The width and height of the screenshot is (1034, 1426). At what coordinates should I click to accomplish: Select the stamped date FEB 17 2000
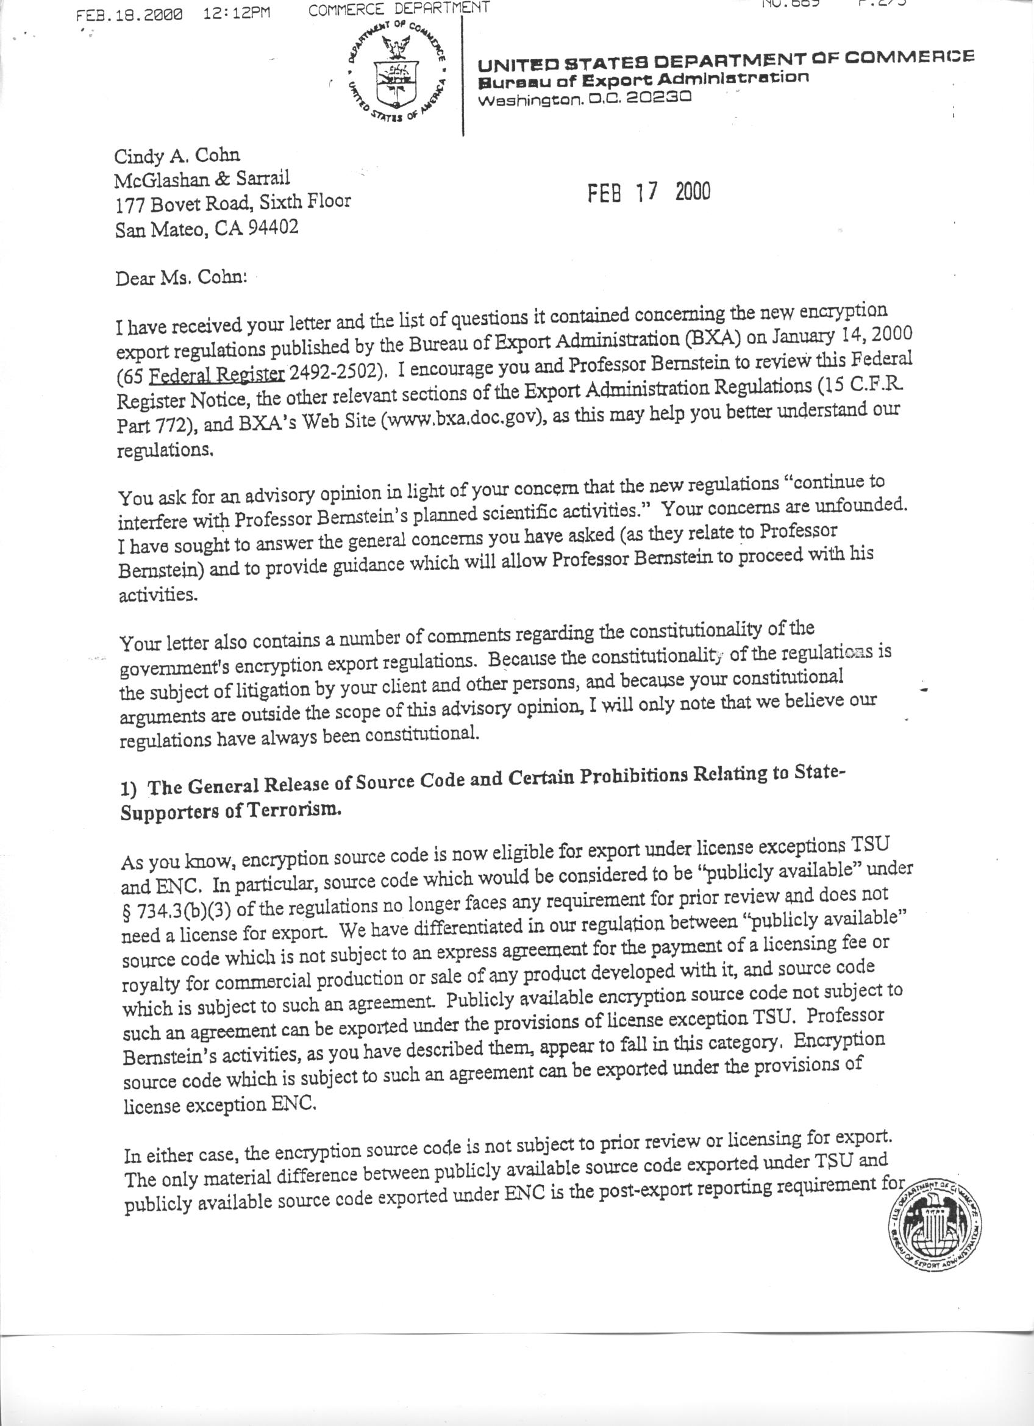[x=648, y=192]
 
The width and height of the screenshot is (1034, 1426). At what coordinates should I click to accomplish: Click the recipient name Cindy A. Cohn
[x=177, y=155]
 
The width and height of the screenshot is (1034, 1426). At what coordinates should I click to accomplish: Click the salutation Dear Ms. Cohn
[x=180, y=277]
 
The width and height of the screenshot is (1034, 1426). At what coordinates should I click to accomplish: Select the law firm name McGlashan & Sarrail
[x=202, y=179]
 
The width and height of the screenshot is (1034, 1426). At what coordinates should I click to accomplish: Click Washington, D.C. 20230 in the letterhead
[x=585, y=99]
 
